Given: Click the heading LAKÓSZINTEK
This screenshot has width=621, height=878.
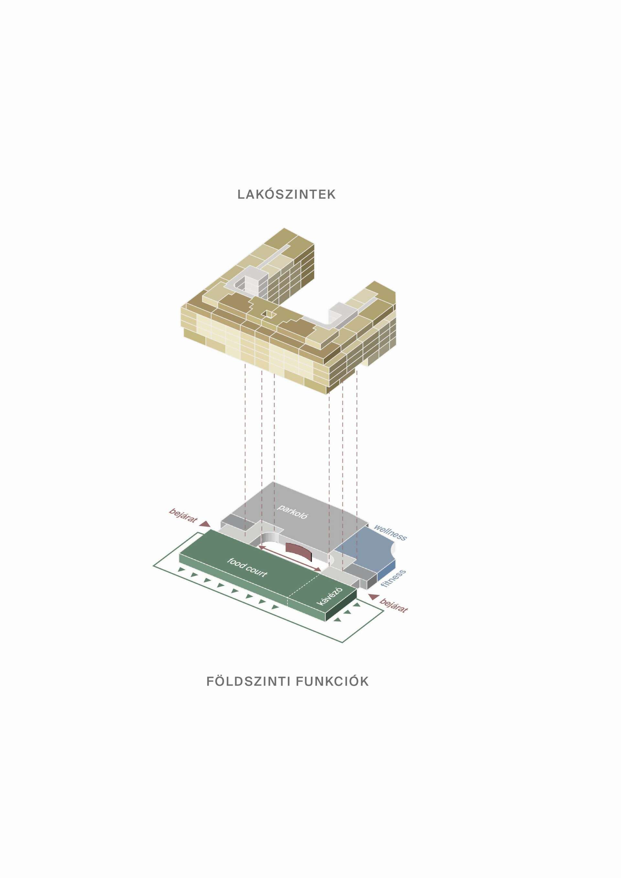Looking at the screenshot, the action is (287, 194).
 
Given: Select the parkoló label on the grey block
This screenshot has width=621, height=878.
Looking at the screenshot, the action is (293, 511).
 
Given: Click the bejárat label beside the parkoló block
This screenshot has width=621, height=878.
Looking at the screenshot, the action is (183, 515).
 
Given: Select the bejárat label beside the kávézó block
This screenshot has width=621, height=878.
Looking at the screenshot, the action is (394, 606).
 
